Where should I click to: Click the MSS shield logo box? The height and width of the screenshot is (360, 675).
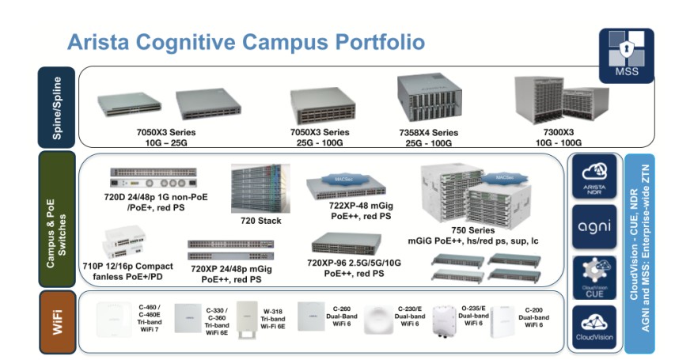pyautogui.click(x=626, y=55)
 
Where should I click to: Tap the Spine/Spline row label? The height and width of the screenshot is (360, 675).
pyautogui.click(x=56, y=107)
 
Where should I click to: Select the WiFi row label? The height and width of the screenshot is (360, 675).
pyautogui.click(x=57, y=321)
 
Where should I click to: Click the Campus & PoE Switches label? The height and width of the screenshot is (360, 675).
pyautogui.click(x=56, y=219)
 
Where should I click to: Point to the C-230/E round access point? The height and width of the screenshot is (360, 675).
pyautogui.click(x=380, y=318)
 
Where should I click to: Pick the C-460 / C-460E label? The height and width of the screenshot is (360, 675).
pyautogui.click(x=150, y=313)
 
